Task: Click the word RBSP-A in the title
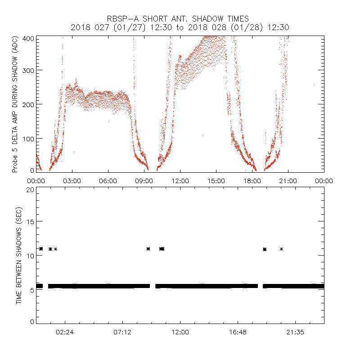click(122, 19)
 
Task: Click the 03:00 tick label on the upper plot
click(72, 180)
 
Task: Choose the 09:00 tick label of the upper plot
click(144, 180)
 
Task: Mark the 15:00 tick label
click(216, 180)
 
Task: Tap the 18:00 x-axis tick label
click(252, 180)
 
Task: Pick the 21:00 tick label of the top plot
click(288, 180)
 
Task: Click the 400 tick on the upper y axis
click(28, 38)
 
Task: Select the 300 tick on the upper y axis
click(28, 71)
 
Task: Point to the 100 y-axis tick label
click(28, 138)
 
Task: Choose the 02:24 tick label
click(65, 332)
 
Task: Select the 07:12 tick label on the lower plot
click(122, 332)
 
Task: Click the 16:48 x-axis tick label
click(238, 332)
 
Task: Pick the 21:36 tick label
click(295, 332)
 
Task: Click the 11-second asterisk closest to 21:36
click(281, 249)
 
